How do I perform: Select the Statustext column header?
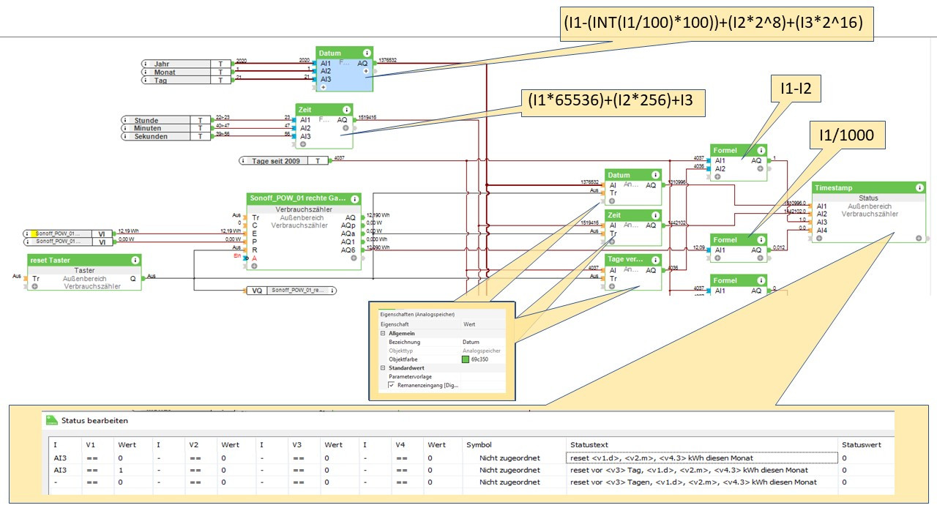coord(589,444)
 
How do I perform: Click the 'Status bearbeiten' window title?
coord(95,421)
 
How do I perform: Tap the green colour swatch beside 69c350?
coord(465,359)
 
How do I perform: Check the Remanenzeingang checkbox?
coord(391,385)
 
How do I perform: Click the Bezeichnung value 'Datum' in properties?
coord(471,342)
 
